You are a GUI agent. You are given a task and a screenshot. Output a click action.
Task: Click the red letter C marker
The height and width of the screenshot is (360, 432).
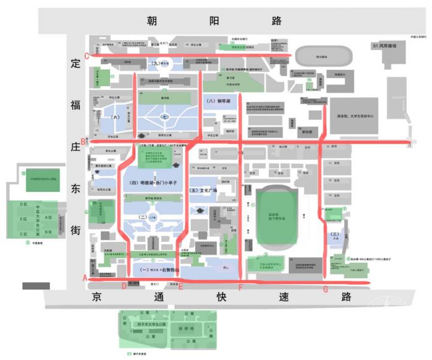[x=87, y=56]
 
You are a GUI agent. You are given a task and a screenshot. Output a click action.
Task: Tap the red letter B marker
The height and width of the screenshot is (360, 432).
[x=83, y=141]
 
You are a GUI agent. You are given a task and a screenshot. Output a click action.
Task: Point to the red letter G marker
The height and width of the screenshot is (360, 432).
[x=326, y=289]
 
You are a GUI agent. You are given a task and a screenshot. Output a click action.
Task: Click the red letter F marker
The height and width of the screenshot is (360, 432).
[x=240, y=289]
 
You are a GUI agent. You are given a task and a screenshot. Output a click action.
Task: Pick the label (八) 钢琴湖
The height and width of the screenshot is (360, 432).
[x=218, y=100]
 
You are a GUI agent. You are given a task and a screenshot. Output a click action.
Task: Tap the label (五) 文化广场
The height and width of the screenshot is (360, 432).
[x=205, y=191]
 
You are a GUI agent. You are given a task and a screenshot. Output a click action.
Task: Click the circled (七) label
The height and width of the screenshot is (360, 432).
[x=164, y=116]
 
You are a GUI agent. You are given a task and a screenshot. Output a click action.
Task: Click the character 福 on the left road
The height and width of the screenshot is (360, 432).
[x=76, y=105]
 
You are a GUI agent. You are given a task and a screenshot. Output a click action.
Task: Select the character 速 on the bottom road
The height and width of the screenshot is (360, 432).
[x=282, y=297]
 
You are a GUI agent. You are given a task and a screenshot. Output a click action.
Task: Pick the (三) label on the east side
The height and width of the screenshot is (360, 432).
[x=335, y=234]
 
